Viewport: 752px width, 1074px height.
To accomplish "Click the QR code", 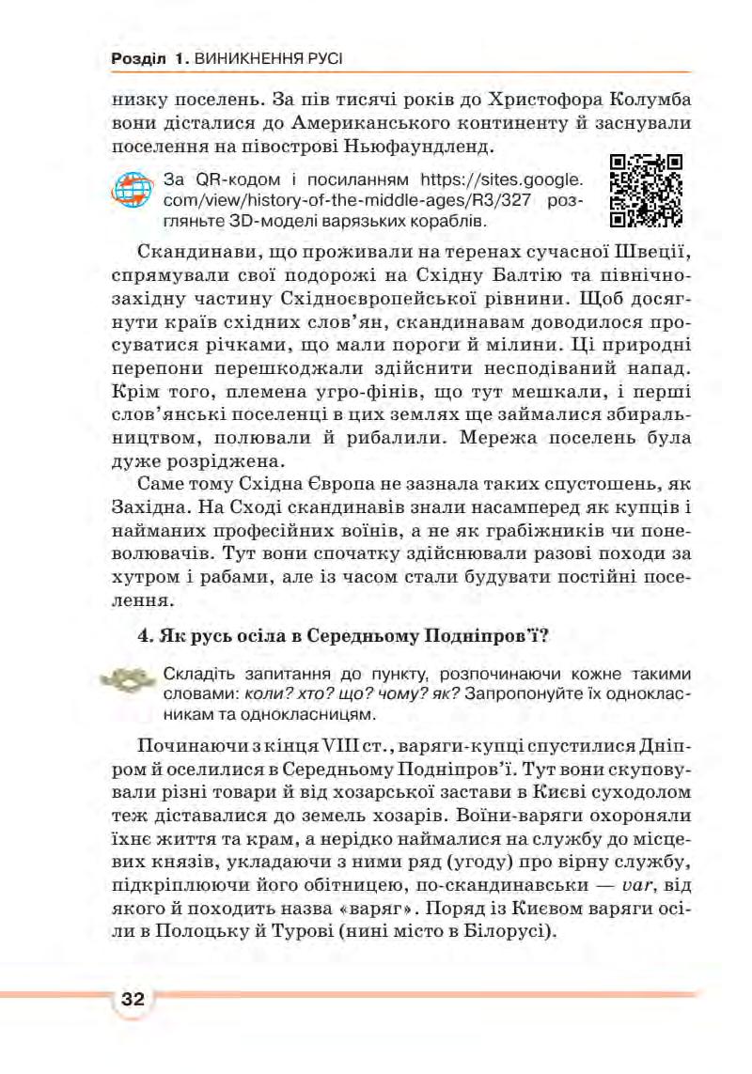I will tap(646, 192).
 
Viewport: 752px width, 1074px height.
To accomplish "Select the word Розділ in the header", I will tap(139, 59).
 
